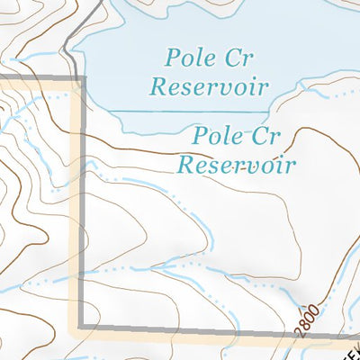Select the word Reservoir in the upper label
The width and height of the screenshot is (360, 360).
coord(211,87)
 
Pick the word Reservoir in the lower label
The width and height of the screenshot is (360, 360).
coord(238,165)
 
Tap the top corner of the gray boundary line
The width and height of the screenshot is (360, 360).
coord(83,79)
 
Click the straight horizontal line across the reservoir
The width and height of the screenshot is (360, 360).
coord(189,112)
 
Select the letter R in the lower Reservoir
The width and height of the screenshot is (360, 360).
coord(185,165)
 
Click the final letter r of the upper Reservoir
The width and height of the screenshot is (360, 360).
coord(265,88)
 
